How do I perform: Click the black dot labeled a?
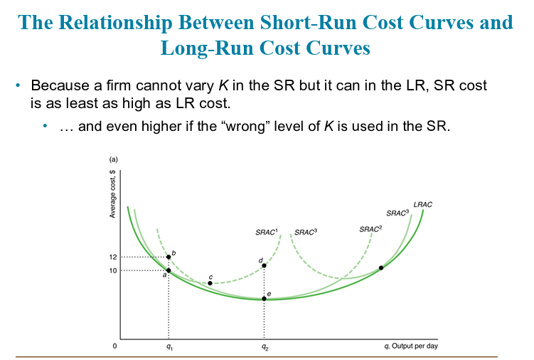pyautogui.click(x=169, y=270)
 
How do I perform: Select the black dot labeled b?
pyautogui.click(x=169, y=257)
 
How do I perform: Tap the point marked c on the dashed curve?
pyautogui.click(x=210, y=283)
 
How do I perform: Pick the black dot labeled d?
pyautogui.click(x=264, y=265)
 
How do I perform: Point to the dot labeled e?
pyautogui.click(x=264, y=299)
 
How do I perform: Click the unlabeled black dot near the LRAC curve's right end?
pyautogui.click(x=381, y=268)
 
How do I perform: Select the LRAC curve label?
pyautogui.click(x=422, y=205)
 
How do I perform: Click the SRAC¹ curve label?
pyautogui.click(x=267, y=232)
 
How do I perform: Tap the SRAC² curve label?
pyautogui.click(x=370, y=229)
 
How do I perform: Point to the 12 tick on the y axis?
pyautogui.click(x=113, y=257)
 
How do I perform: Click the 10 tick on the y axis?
pyautogui.click(x=113, y=270)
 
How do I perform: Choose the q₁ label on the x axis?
pyautogui.click(x=169, y=347)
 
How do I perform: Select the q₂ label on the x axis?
pyautogui.click(x=265, y=347)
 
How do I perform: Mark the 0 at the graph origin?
pyautogui.click(x=114, y=346)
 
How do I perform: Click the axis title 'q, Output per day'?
pyautogui.click(x=411, y=346)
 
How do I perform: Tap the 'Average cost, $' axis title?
pyautogui.click(x=112, y=194)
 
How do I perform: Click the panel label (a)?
pyautogui.click(x=113, y=159)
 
